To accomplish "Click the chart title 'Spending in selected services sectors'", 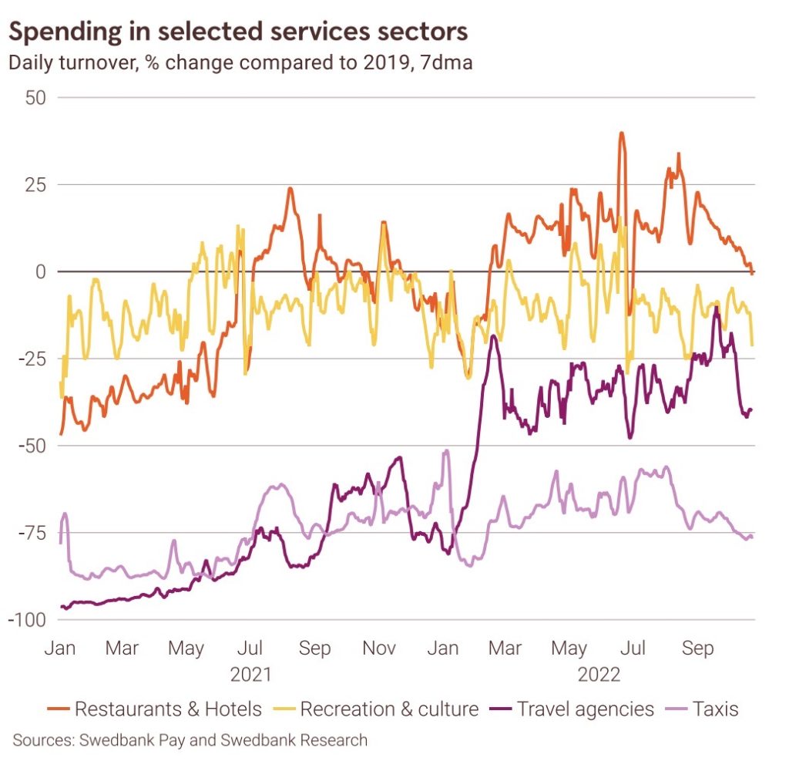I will pyautogui.click(x=238, y=32).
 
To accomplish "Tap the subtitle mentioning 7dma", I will pyautogui.click(x=240, y=62).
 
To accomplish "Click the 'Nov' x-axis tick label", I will pyautogui.click(x=378, y=648).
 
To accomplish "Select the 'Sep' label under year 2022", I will pyautogui.click(x=697, y=648).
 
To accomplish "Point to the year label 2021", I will pyautogui.click(x=251, y=675).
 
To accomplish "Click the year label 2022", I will pyautogui.click(x=599, y=675).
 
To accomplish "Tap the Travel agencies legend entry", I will pyautogui.click(x=574, y=709).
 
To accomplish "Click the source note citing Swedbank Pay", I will pyautogui.click(x=190, y=741).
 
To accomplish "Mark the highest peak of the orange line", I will pyautogui.click(x=621, y=133).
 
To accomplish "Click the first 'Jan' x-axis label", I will pyautogui.click(x=59, y=648).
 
